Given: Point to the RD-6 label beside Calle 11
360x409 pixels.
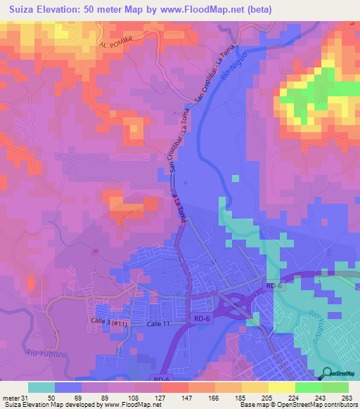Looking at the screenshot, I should click(202, 319).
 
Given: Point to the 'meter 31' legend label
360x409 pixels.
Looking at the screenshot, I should click(15, 396).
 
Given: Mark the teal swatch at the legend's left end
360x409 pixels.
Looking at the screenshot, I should click(41, 387).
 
